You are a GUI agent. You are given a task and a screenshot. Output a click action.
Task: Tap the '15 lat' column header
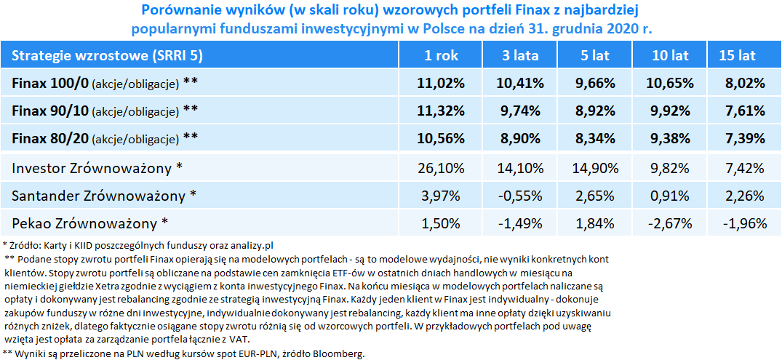coord(737,55)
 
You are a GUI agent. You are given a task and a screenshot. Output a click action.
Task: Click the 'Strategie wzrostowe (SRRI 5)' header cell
coord(107,55)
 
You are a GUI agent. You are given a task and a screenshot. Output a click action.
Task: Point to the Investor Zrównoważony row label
coord(97,169)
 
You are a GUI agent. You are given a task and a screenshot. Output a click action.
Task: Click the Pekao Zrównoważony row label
coord(89,222)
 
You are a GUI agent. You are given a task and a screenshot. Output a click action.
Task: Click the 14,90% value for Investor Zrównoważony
coord(591,169)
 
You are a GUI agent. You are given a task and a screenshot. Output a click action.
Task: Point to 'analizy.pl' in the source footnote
coord(251,246)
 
